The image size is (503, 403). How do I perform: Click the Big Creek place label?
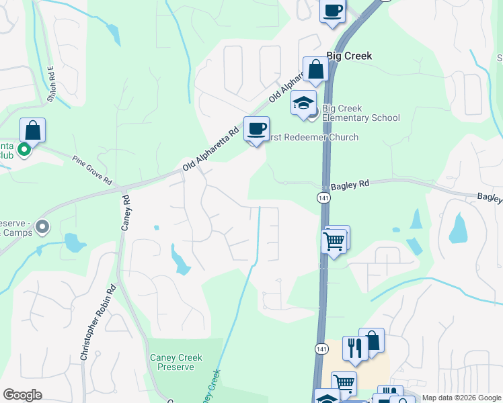pos(348,56)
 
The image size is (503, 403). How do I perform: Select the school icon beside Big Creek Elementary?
pos(303,103)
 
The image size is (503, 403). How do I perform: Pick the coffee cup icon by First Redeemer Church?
pos(256,128)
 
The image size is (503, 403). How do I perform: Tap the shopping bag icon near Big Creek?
pos(315,69)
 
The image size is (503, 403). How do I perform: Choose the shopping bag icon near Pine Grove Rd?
pos(32,130)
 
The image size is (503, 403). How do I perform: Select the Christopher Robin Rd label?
pos(99,323)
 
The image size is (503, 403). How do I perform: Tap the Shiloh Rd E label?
pos(50,83)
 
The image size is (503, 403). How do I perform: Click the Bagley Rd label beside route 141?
pos(350,183)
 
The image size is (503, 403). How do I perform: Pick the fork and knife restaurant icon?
pos(354,348)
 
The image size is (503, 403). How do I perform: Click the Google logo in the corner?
pos(22,395)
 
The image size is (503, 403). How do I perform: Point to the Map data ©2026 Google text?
pos(461,398)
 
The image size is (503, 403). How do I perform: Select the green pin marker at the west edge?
pos(24,149)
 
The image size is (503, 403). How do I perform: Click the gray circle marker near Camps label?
pos(43,227)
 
